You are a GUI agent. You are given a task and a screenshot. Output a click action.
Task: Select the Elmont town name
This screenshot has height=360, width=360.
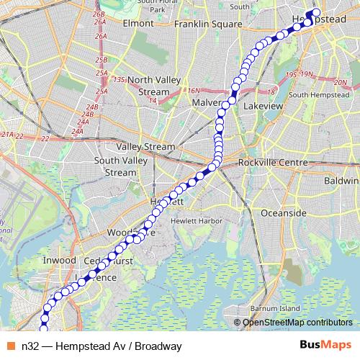pyautogui.click(x=139, y=23)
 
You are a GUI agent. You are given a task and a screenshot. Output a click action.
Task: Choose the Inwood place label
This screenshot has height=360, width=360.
pyautogui.click(x=60, y=260)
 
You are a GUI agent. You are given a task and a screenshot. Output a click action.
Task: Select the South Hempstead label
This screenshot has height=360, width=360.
pyautogui.click(x=318, y=96)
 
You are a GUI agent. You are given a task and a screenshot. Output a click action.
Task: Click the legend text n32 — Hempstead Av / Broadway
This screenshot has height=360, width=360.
pyautogui.click(x=101, y=346)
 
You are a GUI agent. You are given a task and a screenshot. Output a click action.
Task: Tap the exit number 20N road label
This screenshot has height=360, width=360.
pyautogui.click(x=340, y=83)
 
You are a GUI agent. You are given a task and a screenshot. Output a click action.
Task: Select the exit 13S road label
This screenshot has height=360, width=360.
pyautogui.click(x=120, y=79)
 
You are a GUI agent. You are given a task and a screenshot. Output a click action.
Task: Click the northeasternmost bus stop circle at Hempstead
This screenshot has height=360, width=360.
pyautogui.click(x=315, y=12)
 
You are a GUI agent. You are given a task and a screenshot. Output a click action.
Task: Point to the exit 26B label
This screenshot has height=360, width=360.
pyautogui.click(x=99, y=14)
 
